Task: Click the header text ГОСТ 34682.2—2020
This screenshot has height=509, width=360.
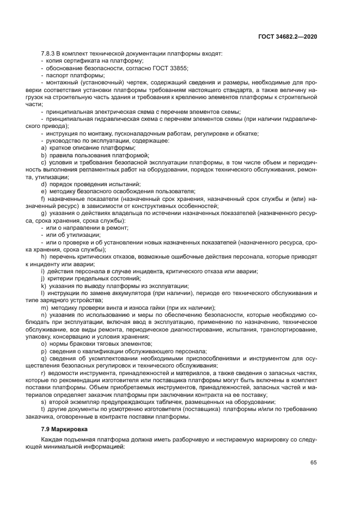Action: click(x=288, y=36)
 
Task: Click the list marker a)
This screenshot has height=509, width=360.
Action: click(x=44, y=148)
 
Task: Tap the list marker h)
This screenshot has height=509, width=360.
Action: click(x=44, y=256)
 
